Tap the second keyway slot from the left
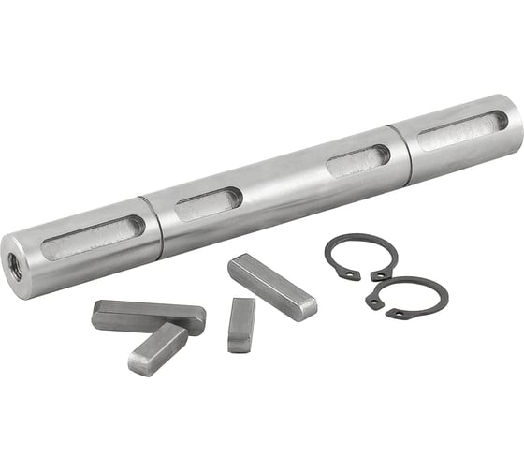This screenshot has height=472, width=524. pyautogui.click(x=208, y=203)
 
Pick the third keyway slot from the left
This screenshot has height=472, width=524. pyautogui.click(x=357, y=161)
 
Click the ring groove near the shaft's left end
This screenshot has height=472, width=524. pyautogui.click(x=152, y=228)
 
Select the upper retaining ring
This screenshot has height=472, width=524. pyautogui.click(x=361, y=253)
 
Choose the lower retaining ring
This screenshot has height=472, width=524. pyautogui.click(x=406, y=296)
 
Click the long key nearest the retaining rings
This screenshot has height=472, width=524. pyautogui.click(x=271, y=286)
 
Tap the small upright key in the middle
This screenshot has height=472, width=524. pyautogui.click(x=240, y=325)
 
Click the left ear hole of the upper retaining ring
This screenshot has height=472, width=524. pyautogui.click(x=348, y=274)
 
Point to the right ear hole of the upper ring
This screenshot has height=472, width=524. pyautogui.click(x=379, y=275)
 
